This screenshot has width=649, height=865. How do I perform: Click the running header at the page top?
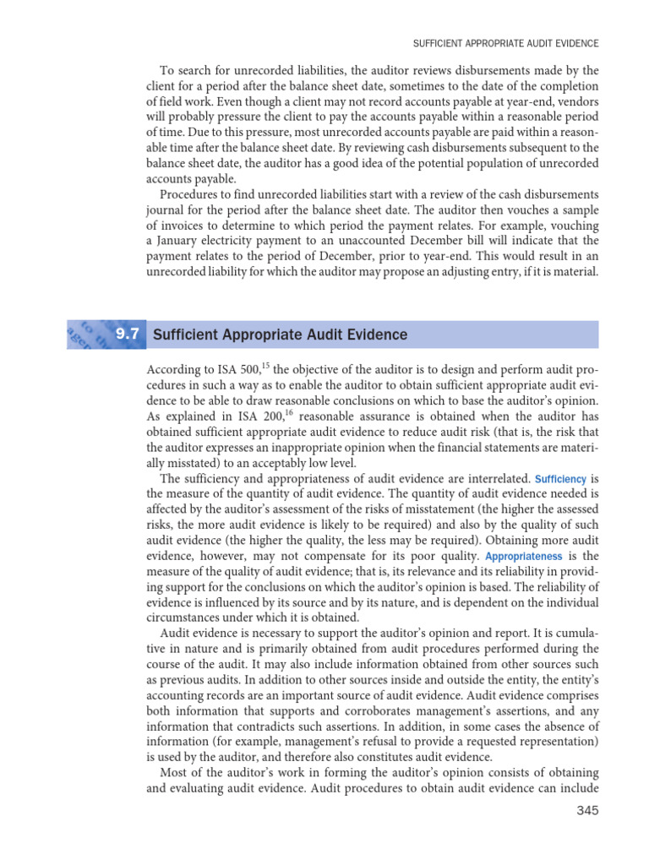point(505,41)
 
